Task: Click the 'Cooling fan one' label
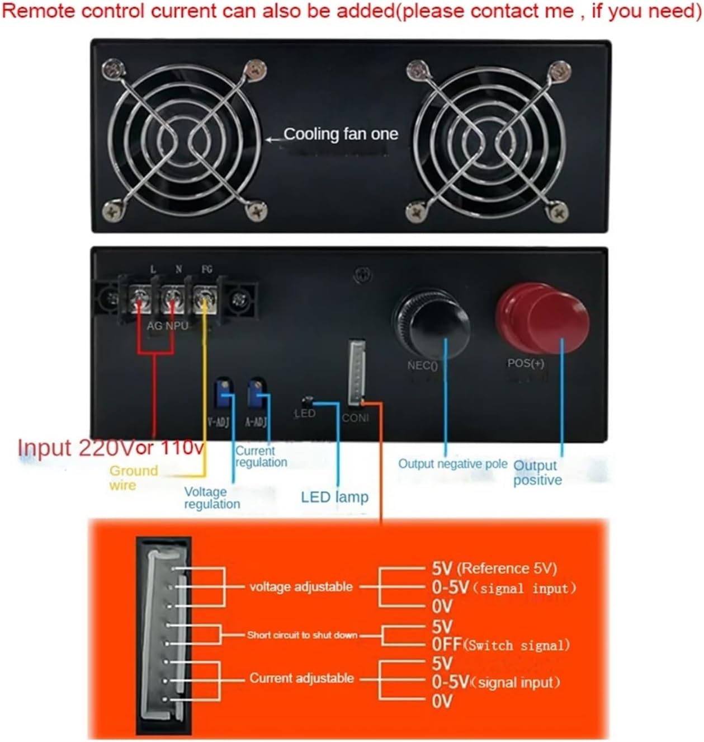(341, 134)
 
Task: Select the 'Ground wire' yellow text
(133, 477)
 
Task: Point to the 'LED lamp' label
(334, 497)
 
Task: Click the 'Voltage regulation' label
(212, 497)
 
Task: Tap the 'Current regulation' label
(261, 457)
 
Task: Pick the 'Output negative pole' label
(452, 464)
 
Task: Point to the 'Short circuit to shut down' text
(302, 635)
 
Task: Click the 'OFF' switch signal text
(446, 645)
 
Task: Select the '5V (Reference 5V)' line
(494, 569)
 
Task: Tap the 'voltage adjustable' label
(301, 587)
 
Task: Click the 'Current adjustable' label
(301, 678)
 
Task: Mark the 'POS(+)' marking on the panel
(526, 363)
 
